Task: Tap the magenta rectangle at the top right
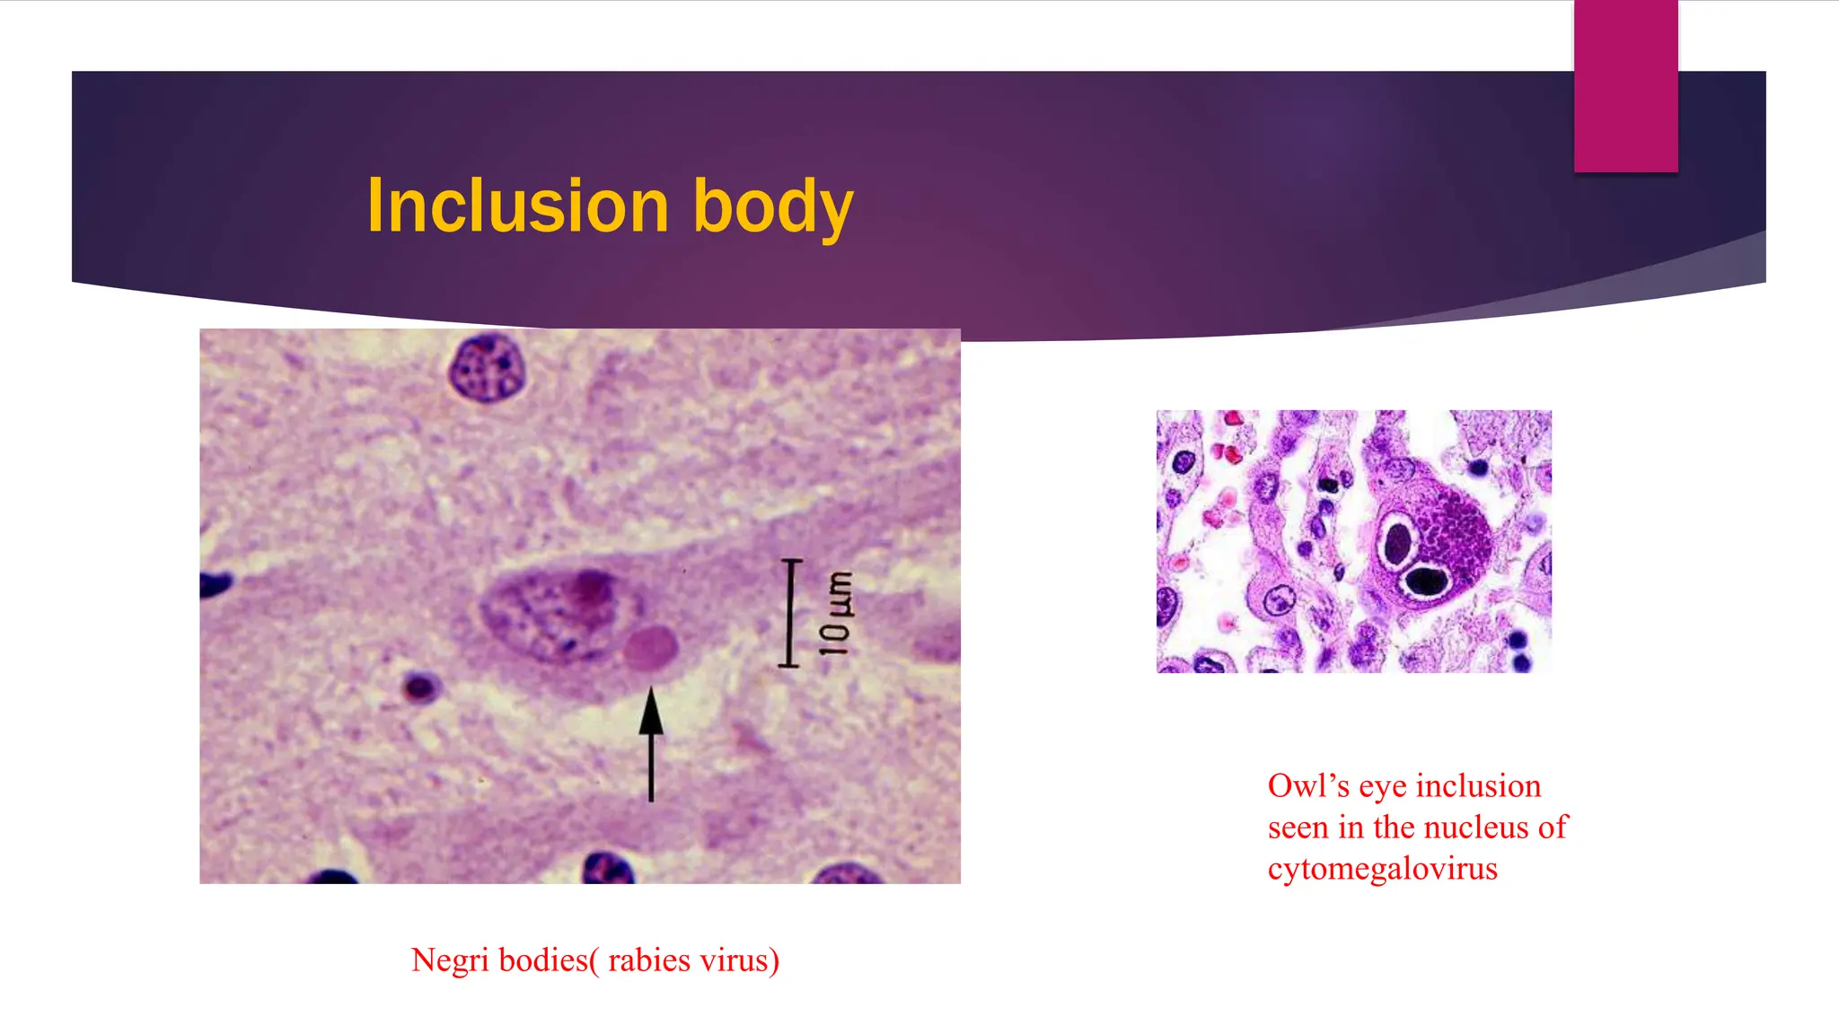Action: click(x=1625, y=85)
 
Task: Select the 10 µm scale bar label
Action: click(x=835, y=612)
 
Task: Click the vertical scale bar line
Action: click(x=790, y=613)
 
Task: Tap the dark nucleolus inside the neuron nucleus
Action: click(x=590, y=588)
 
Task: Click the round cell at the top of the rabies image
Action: click(x=486, y=366)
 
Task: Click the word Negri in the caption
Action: click(x=450, y=961)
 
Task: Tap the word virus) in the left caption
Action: click(x=740, y=961)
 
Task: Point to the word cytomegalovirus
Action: click(x=1382, y=869)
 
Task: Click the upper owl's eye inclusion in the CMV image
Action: click(x=1398, y=541)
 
